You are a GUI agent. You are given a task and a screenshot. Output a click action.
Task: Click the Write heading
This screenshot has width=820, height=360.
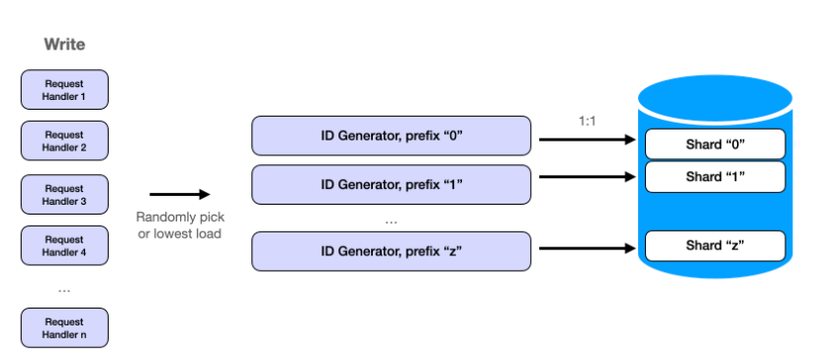point(64,45)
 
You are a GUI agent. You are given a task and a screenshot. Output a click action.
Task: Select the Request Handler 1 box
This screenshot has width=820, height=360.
point(64,89)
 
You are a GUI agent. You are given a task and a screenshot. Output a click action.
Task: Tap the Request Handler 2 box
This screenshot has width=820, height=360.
point(64,141)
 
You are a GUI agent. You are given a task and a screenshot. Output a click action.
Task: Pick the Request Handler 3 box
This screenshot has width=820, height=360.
point(64,195)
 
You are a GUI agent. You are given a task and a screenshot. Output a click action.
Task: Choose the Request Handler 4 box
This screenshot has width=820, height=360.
point(64,245)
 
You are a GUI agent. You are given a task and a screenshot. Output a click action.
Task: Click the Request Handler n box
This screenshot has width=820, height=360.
point(64,327)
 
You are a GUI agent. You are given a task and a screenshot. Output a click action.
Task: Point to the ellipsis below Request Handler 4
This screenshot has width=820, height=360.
point(64,290)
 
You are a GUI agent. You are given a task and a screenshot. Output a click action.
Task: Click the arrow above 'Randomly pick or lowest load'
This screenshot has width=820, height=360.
point(179,195)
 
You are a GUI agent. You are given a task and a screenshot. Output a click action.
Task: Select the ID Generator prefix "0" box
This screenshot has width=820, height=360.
point(392,135)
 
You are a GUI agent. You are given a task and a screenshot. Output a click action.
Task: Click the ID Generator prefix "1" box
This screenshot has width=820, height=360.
point(392,184)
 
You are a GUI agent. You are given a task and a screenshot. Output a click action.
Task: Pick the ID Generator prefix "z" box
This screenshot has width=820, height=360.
point(392,251)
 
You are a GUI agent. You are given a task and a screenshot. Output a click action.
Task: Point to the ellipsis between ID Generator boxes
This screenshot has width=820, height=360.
point(392,221)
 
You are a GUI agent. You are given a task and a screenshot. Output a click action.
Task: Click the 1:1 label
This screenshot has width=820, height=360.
point(588,121)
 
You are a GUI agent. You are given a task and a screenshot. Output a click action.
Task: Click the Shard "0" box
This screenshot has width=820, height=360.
point(715,144)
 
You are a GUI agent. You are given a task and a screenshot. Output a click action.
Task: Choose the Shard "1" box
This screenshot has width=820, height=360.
point(715,177)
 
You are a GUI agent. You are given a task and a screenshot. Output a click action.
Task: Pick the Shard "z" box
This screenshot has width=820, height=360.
point(715,245)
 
